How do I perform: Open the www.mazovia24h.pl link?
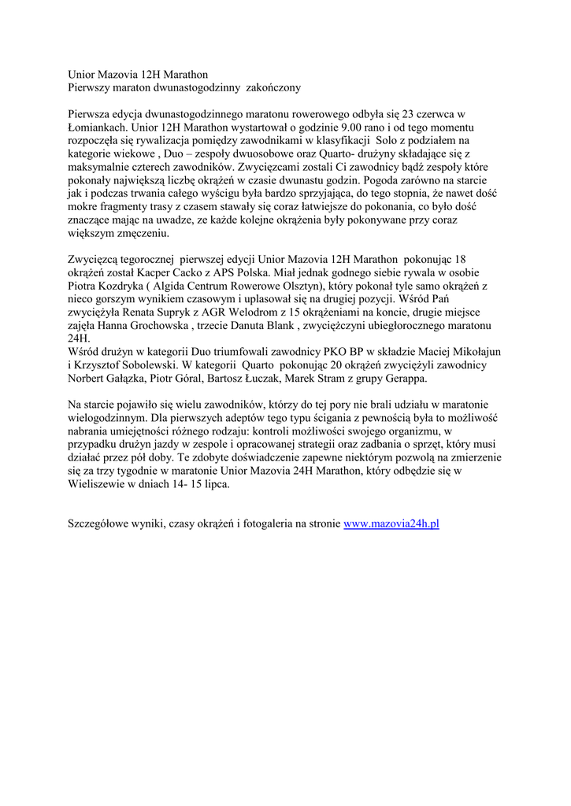[x=391, y=523]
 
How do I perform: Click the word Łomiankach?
[x=98, y=126]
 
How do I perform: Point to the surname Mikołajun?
[x=471, y=352]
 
